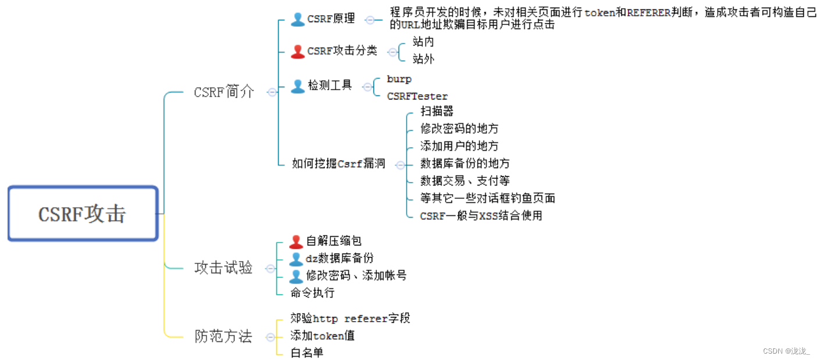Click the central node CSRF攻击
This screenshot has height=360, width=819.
82,213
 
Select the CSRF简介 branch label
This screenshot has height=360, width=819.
224,92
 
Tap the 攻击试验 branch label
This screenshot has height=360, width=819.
223,268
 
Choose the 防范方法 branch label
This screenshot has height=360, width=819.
223,336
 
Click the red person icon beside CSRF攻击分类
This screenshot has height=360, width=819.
298,51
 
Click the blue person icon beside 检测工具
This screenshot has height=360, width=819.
298,86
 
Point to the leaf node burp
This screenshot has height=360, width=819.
399,79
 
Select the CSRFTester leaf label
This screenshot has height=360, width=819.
417,97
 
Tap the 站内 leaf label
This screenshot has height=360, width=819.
423,42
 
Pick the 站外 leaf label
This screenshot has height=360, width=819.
423,59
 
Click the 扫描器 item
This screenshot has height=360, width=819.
436,111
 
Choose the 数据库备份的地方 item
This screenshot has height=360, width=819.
465,163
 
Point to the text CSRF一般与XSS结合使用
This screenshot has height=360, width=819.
481,216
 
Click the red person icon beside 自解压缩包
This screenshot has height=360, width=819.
296,241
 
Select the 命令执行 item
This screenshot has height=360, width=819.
312,293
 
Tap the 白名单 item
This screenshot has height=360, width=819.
307,352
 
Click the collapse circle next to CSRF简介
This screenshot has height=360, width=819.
272,92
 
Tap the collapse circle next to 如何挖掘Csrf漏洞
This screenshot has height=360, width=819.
400,165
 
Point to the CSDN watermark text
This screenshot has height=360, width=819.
785,351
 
